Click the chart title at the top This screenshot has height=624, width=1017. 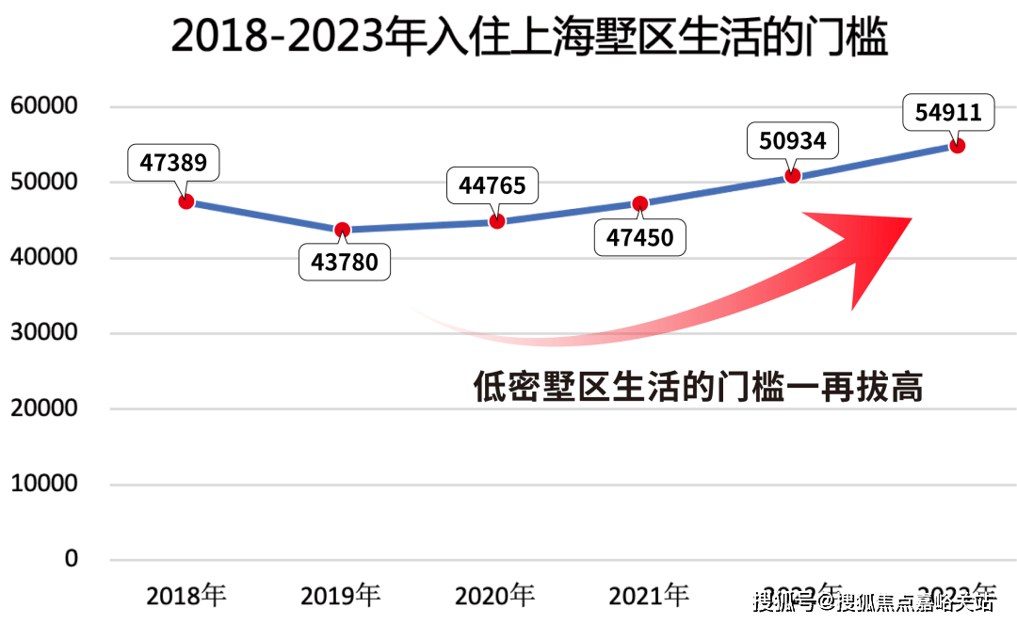coord(530,39)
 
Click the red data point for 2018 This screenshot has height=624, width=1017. coord(186,201)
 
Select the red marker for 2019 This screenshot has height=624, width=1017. coord(342,230)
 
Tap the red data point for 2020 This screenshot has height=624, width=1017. coord(497,221)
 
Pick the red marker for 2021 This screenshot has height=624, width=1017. coord(640,203)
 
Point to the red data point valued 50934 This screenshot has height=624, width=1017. coord(793,175)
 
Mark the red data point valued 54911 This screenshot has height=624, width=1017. coord(957,145)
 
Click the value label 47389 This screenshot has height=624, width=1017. coord(174,163)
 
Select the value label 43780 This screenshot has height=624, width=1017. coord(345,262)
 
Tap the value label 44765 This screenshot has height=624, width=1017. coord(492,185)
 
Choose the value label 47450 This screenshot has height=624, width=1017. coord(640,237)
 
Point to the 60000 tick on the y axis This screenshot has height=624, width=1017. coord(43,106)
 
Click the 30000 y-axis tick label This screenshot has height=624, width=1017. coord(43,333)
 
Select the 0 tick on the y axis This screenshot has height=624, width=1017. coord(72,559)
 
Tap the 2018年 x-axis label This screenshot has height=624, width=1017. coord(186,596)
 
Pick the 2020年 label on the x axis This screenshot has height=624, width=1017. coord(495,596)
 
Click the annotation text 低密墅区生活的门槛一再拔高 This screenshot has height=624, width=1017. coord(698,387)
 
